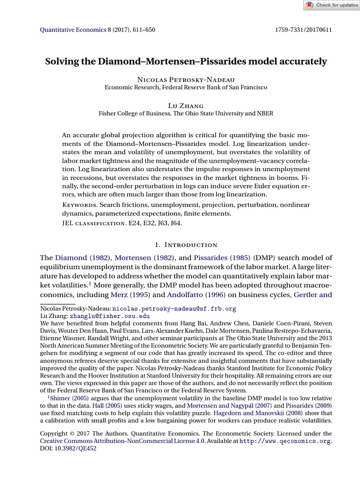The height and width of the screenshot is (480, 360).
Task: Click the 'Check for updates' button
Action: point(331,5)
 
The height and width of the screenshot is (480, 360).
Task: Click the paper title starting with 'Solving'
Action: point(186,61)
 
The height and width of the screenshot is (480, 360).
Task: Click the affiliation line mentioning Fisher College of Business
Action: point(186,113)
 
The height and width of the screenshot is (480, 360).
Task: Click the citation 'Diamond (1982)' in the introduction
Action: point(82,258)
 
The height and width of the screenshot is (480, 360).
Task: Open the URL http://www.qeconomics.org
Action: point(285,441)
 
